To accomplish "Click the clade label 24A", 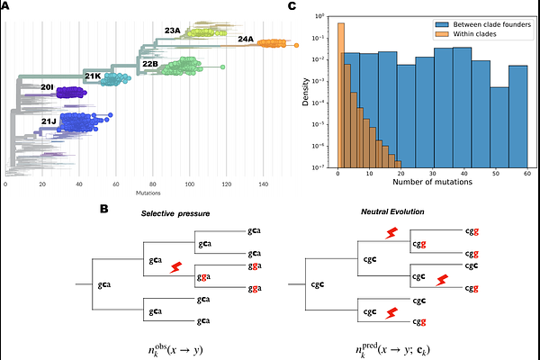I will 246,40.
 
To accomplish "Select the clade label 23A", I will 173,31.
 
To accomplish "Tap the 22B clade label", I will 150,64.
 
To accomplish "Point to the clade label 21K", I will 93,77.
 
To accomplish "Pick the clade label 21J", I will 49,120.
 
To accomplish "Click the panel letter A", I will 6,6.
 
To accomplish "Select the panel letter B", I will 104,209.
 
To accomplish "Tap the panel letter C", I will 291,6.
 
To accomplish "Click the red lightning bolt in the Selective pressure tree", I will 176,266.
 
